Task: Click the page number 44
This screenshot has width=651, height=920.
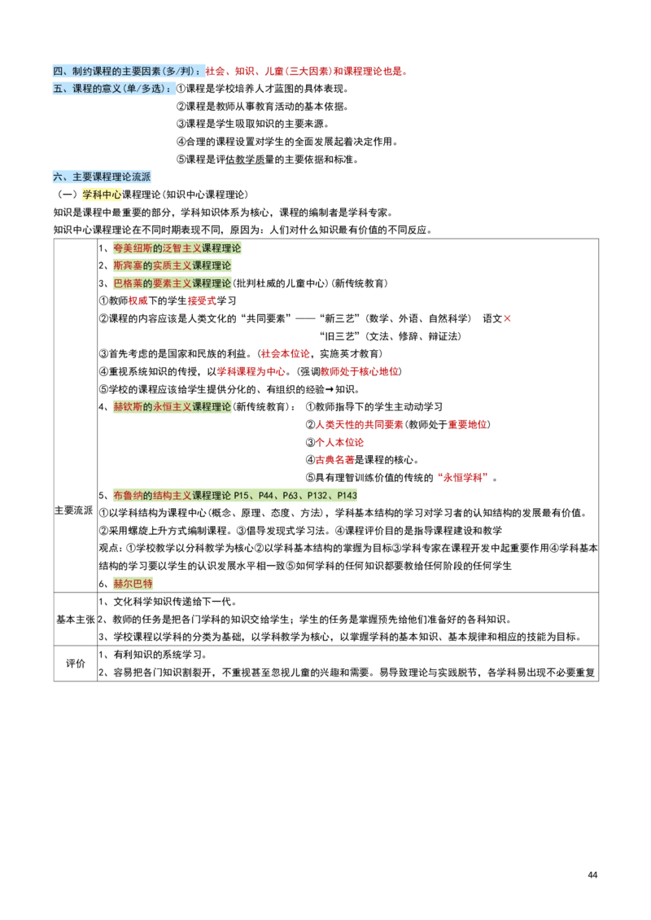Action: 592,875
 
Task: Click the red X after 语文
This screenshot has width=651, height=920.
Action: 507,318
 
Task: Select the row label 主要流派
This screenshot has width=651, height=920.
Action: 74,510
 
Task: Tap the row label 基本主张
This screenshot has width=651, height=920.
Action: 76,619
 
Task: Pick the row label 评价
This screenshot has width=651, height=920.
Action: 76,663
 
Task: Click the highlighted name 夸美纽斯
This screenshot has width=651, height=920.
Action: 133,248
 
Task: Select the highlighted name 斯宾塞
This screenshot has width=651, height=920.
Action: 128,265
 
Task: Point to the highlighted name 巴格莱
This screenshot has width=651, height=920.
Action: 128,283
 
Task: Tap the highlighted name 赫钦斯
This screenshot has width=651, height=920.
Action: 128,406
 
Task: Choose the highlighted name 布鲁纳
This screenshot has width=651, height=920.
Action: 128,495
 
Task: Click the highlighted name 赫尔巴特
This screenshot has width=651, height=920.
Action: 133,583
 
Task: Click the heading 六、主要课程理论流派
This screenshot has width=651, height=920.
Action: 102,177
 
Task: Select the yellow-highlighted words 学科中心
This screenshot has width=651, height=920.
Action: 102,195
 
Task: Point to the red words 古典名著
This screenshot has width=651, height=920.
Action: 335,459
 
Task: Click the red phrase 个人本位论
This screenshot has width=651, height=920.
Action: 339,442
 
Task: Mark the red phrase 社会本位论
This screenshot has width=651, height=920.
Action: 285,354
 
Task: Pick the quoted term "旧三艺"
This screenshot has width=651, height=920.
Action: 341,336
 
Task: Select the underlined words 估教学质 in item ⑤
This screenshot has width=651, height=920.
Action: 245,160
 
